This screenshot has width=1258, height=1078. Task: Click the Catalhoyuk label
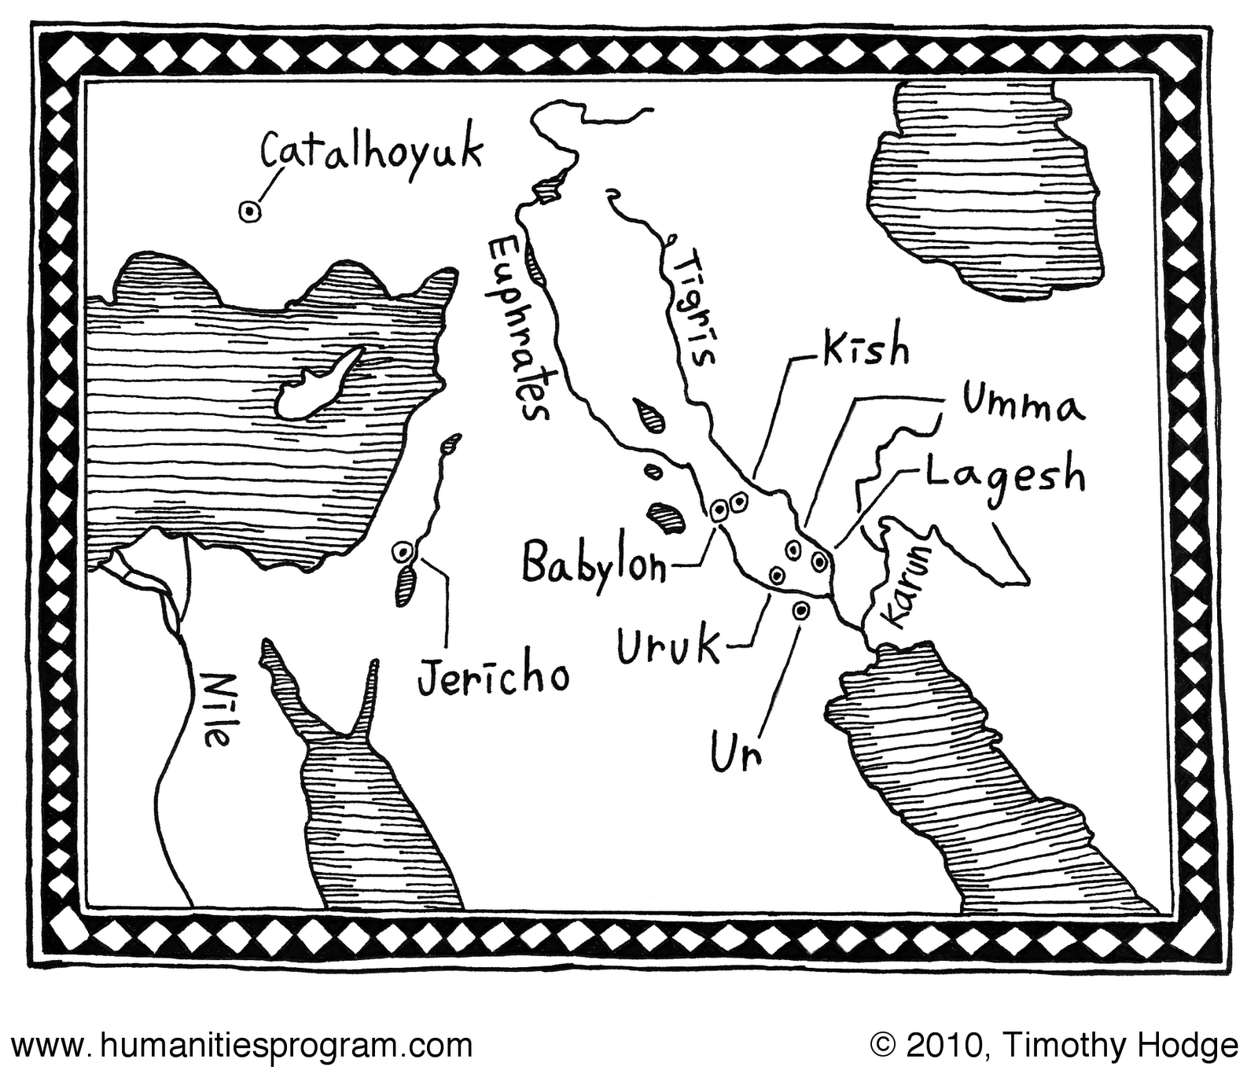click(371, 153)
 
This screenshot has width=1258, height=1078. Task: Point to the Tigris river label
click(697, 307)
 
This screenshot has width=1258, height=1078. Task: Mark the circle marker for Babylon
click(719, 511)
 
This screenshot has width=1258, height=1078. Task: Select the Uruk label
click(668, 647)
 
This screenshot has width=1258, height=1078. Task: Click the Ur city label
click(737, 752)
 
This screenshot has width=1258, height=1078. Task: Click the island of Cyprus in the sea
click(314, 385)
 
